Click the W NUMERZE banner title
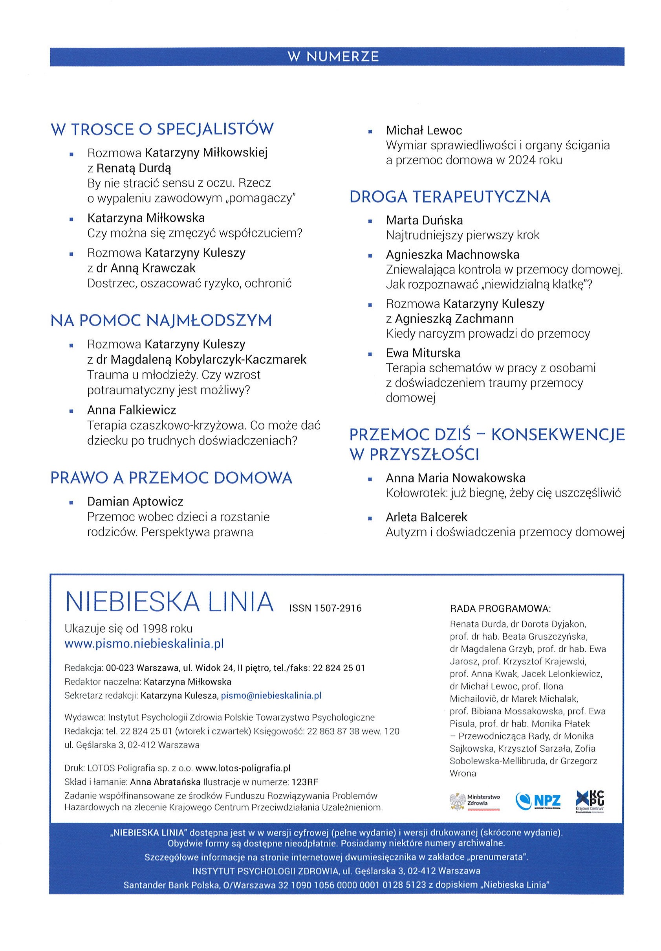[333, 56]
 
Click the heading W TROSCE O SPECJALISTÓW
[162, 129]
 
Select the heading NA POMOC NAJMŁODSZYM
[161, 320]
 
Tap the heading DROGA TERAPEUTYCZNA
[450, 197]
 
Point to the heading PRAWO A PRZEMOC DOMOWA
[171, 478]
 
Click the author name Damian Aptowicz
[135, 502]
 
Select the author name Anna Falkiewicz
[132, 410]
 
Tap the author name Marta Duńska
[424, 220]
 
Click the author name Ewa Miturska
[423, 353]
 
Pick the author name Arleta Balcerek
[426, 517]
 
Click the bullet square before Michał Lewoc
[370, 132]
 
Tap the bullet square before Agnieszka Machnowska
[370, 256]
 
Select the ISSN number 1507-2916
[325, 608]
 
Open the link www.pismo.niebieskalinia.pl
[144, 644]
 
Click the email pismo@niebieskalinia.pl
[271, 695]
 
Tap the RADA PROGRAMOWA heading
[500, 609]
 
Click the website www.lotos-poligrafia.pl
[243, 768]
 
